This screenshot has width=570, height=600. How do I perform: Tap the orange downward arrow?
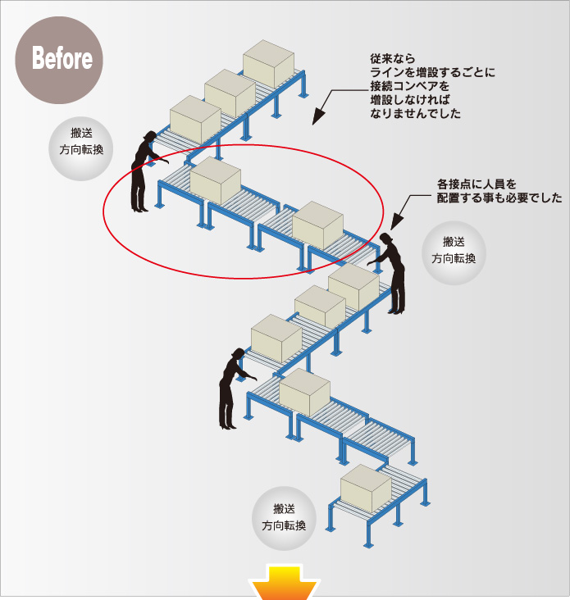(x=285, y=585)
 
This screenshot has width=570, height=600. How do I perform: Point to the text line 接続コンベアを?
(x=410, y=86)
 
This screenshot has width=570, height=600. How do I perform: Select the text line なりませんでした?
(x=416, y=113)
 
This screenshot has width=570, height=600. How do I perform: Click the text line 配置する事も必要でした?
(x=499, y=198)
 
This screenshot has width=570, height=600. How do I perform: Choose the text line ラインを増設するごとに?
(x=432, y=73)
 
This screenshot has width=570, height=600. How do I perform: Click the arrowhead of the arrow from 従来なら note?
(x=319, y=112)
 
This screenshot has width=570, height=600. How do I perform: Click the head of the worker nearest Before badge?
(x=149, y=136)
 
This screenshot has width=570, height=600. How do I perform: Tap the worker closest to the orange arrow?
(x=230, y=389)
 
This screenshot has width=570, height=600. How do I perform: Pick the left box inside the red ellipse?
(x=216, y=180)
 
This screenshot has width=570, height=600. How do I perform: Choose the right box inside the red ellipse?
(x=318, y=224)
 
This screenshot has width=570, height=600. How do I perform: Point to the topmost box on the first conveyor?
(x=269, y=62)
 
